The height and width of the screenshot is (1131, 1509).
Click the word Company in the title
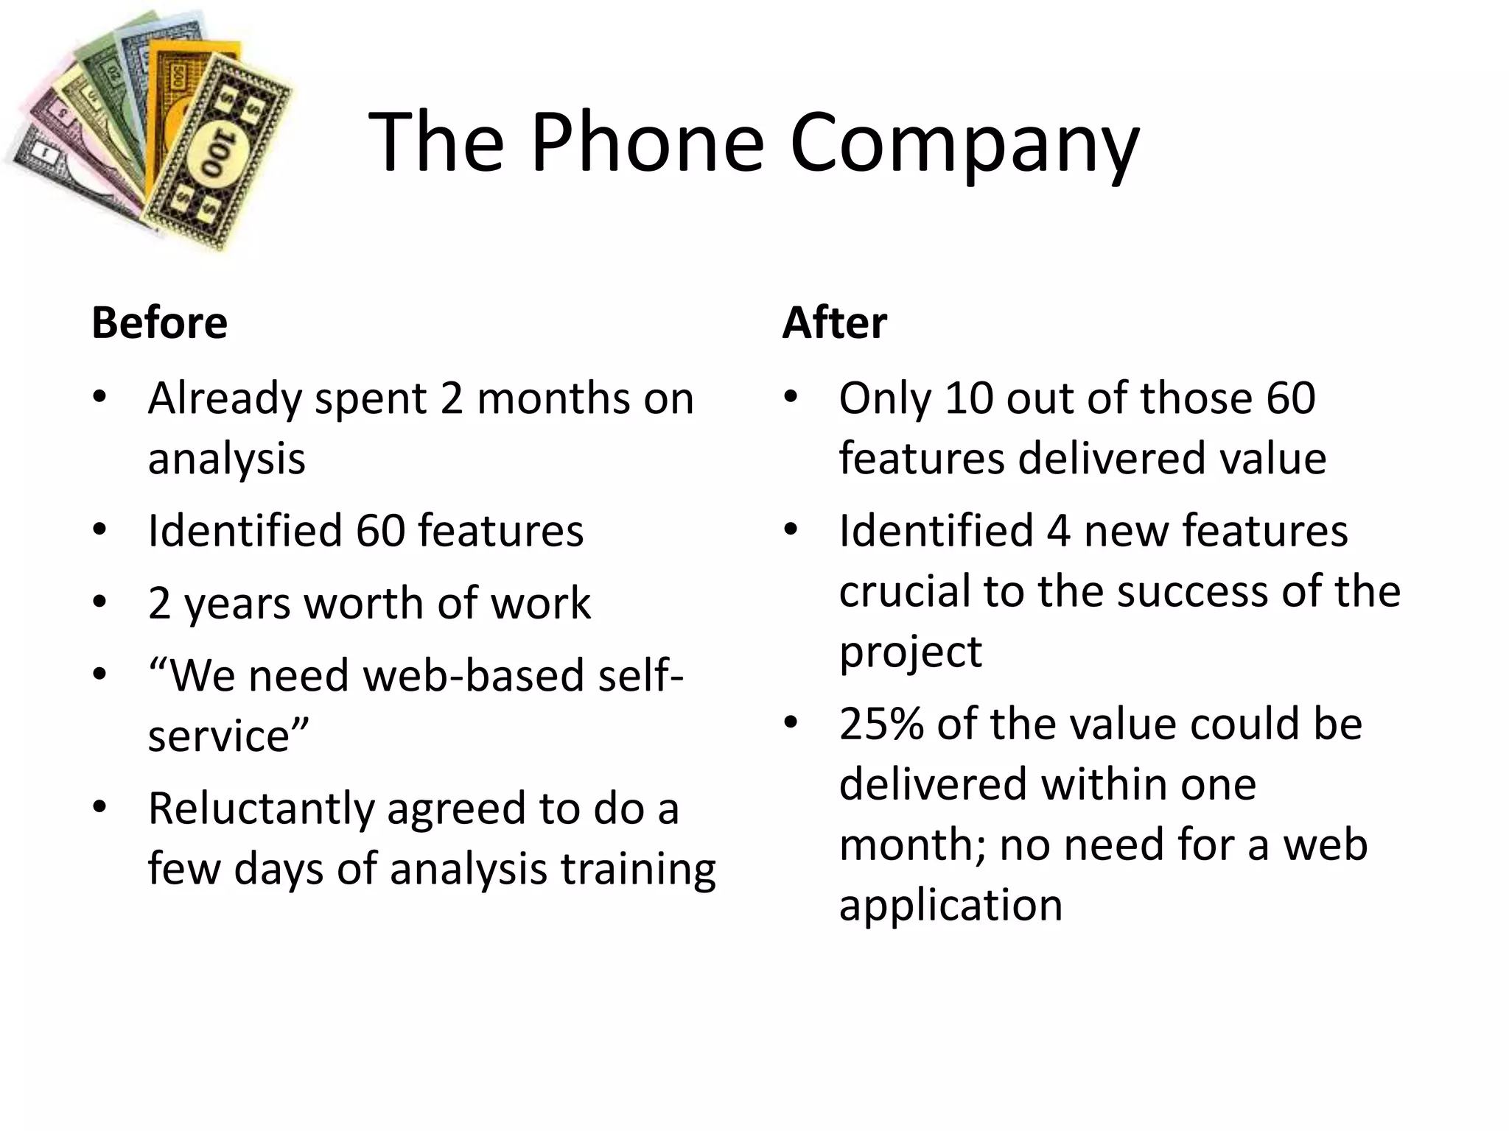coord(964,144)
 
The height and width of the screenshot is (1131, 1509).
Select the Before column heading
coord(159,323)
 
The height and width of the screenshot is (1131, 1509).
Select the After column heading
coord(834,323)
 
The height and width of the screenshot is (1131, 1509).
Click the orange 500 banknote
coord(177,81)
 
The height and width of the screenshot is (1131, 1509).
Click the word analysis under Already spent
coord(226,459)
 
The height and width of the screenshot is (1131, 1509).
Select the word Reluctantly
coord(261,808)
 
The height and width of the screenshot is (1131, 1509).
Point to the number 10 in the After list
coord(968,398)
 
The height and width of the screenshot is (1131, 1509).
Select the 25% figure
coord(880,724)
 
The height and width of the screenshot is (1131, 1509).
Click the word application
coord(950,905)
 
